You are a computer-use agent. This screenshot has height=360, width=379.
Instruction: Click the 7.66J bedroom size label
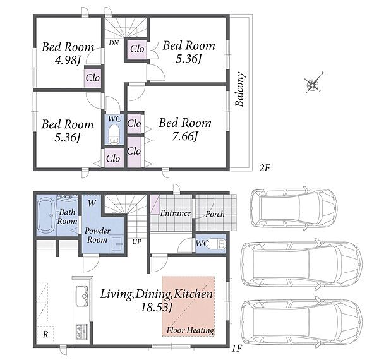185,137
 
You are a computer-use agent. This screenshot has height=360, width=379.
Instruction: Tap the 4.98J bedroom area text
68,61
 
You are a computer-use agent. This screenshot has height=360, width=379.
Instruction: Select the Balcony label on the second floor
240,89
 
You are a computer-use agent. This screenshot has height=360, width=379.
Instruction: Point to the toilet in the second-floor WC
113,134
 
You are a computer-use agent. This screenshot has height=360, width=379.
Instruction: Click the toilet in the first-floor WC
222,243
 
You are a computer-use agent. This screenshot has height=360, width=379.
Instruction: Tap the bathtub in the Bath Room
47,215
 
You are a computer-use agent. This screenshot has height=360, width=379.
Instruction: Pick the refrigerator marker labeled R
45,334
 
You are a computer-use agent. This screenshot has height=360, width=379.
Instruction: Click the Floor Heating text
190,330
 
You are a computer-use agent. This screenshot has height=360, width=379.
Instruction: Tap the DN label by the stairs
114,43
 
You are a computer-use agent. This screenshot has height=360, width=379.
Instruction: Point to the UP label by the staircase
136,241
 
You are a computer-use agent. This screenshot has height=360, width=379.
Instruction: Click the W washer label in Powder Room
92,203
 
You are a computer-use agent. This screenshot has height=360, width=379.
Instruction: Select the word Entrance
176,213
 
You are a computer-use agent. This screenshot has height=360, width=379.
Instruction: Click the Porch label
215,214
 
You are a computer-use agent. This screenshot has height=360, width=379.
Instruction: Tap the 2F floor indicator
264,167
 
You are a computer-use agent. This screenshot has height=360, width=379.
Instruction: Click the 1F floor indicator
237,349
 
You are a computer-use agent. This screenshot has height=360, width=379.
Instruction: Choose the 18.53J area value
157,308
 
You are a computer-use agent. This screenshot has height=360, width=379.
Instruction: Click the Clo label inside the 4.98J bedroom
93,78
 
